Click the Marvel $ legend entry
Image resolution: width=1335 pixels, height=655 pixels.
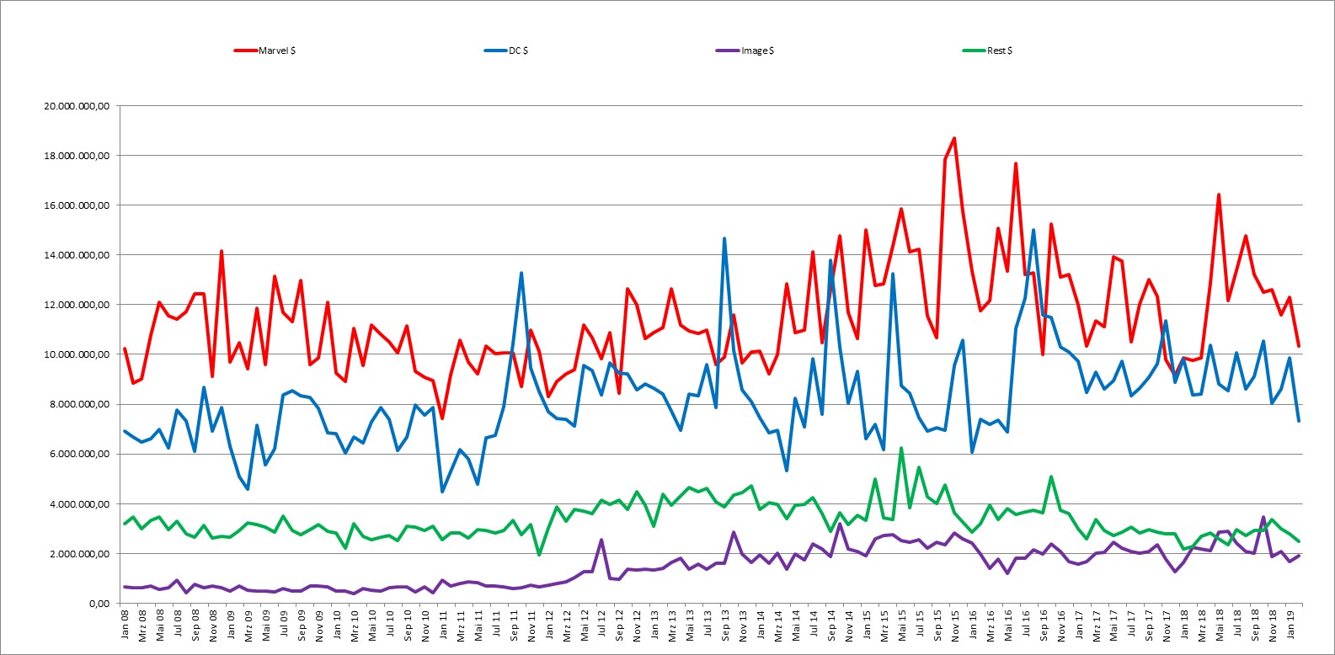tap(265, 51)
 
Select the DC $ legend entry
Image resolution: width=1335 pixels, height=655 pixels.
tap(506, 51)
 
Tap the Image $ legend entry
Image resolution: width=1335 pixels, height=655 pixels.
tap(745, 51)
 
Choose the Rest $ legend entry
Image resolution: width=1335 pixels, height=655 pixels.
tap(987, 51)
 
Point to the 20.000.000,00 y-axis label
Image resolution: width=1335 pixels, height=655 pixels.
tap(77, 106)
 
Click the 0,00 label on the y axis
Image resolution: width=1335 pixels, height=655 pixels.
tap(100, 603)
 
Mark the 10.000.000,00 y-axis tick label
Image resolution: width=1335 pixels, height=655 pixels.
tap(77, 354)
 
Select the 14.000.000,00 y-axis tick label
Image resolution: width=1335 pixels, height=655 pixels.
tap(77, 255)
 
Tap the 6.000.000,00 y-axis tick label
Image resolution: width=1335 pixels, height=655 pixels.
tap(80, 454)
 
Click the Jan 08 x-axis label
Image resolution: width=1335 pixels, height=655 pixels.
tap(125, 624)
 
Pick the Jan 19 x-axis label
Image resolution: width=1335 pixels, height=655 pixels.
tap(1290, 624)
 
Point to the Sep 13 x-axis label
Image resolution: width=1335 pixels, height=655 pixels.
tap(725, 625)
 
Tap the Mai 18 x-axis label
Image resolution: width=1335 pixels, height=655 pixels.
tap(1220, 625)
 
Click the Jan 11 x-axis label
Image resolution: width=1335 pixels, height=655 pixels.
tap(443, 624)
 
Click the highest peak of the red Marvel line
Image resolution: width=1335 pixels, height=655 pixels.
tap(955, 138)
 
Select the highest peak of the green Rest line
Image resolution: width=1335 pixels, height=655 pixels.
tap(902, 448)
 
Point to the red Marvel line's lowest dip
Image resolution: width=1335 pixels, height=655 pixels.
tap(442, 418)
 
